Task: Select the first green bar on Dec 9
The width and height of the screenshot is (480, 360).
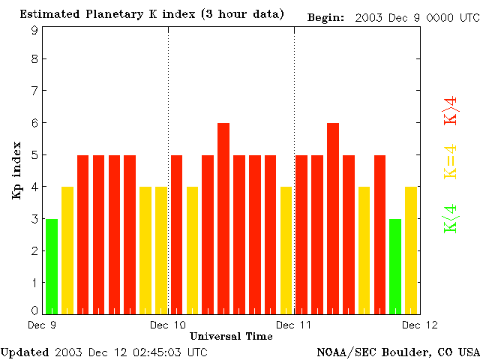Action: coord(52,266)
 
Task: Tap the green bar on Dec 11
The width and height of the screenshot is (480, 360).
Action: coord(395,266)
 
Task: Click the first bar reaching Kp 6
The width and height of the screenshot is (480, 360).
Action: coord(223,217)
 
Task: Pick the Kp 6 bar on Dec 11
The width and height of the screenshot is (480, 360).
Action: coord(333,217)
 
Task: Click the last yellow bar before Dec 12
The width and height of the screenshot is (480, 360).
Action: coord(411,250)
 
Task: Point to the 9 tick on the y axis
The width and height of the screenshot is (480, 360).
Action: coord(34,30)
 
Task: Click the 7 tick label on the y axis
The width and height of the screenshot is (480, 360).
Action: coord(34,91)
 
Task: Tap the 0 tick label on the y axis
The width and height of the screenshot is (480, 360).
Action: coord(34,310)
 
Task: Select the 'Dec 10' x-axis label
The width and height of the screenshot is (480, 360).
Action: coord(168,325)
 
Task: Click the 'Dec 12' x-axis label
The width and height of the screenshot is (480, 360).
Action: coord(419,325)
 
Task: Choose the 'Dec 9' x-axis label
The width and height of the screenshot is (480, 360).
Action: coord(42,325)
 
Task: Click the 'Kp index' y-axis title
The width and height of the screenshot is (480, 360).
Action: coord(16,170)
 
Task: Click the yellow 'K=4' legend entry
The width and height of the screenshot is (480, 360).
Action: coord(451,162)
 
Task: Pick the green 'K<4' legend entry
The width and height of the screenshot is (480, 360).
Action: coord(451,218)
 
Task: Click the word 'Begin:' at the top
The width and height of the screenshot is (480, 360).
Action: coord(326,17)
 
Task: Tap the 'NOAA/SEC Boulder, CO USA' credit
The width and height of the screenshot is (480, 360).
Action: coord(397,352)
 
